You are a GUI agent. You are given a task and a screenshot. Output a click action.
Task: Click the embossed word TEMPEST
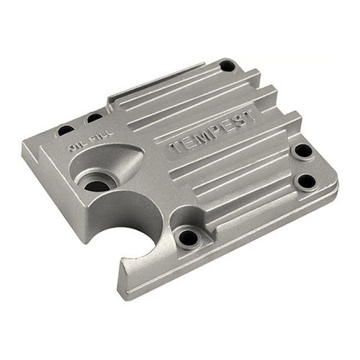coord(211,132)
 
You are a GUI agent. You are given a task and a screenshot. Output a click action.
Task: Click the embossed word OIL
coord(74,146)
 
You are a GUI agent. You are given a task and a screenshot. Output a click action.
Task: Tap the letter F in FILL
coord(92,140)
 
